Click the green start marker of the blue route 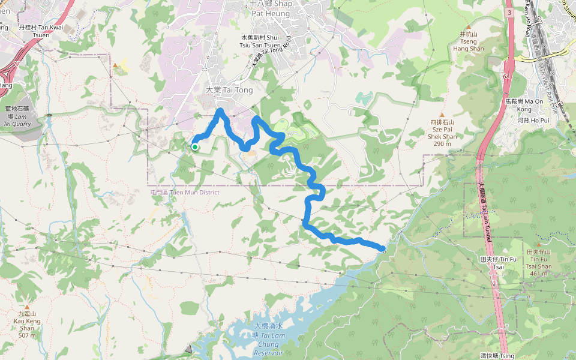(x=195, y=146)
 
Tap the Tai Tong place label (x=221, y=90)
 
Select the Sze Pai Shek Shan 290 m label (x=443, y=133)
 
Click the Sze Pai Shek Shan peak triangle (x=443, y=115)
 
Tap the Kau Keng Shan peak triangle (x=26, y=298)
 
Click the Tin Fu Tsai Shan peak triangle (x=539, y=245)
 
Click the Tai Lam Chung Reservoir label (x=268, y=340)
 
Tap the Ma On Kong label (x=519, y=106)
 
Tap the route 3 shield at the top (x=509, y=12)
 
